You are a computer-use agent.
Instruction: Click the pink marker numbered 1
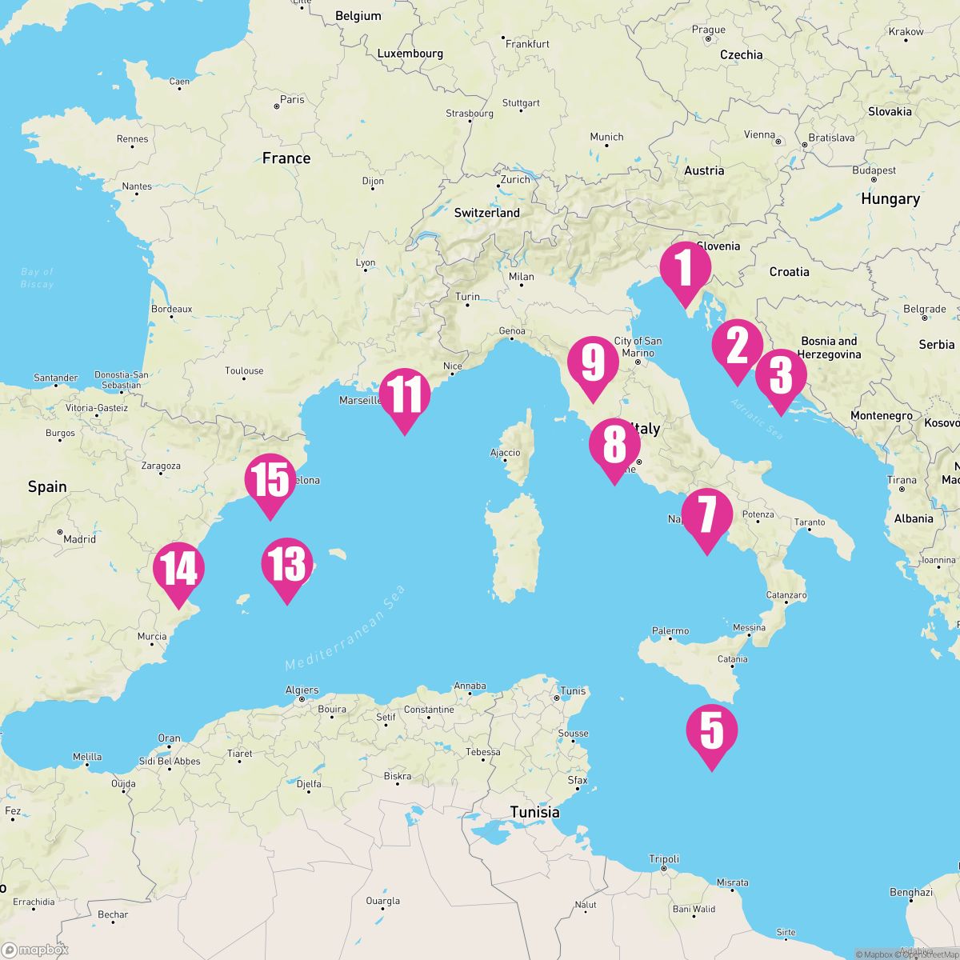tap(685, 270)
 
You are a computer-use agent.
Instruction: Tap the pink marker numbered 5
tap(711, 731)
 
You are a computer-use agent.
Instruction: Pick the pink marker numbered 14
tap(178, 569)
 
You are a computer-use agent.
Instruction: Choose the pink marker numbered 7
tap(706, 515)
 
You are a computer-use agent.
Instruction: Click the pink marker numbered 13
tap(287, 564)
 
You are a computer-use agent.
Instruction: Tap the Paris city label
tap(292, 100)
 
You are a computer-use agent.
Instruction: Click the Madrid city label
tap(79, 539)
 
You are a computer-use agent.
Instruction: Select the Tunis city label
tap(573, 691)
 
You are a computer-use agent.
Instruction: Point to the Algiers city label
tap(302, 690)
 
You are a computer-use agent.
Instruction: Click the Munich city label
tap(606, 138)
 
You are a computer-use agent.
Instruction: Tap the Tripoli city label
tap(664, 859)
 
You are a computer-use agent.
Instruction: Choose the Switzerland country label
tap(486, 214)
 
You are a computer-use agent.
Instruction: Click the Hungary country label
tap(890, 199)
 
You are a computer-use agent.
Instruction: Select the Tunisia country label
tap(535, 813)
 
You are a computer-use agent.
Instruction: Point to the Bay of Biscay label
tap(37, 278)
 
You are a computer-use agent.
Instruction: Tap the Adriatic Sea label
tap(756, 419)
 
